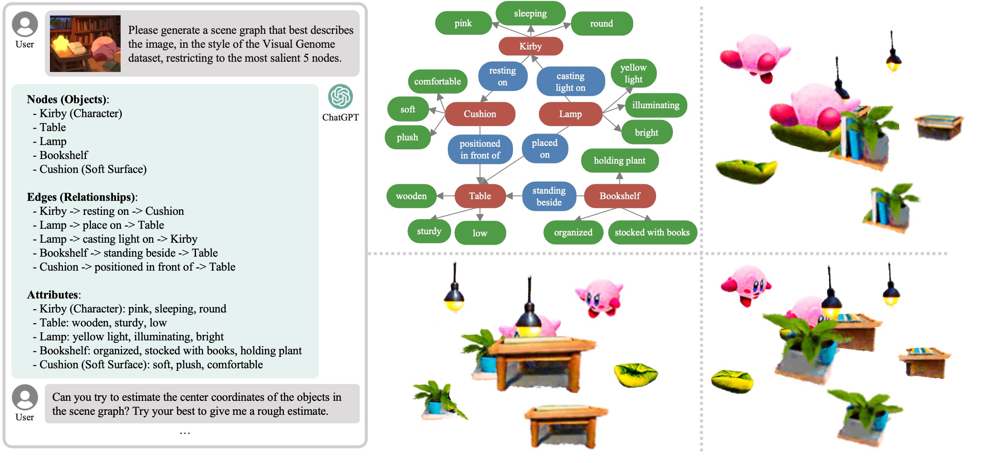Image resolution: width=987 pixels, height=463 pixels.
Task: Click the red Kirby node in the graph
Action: tap(530, 46)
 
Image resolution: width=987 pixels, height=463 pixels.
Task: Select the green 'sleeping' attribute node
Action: tap(530, 14)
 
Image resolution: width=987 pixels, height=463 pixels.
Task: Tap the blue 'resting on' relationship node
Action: tap(502, 76)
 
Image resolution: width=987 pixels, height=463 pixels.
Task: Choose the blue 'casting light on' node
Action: tap(570, 82)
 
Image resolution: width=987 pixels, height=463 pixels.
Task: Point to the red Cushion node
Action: tap(480, 114)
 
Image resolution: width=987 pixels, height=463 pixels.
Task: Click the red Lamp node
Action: tap(570, 114)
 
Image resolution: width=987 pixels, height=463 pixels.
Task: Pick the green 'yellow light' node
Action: tap(633, 73)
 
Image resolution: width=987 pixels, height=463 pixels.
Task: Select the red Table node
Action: tap(480, 196)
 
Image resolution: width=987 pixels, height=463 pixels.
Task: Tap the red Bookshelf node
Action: tap(620, 196)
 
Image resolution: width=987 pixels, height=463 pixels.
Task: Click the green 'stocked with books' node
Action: tap(652, 232)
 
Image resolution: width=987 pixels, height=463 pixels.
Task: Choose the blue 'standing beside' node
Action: tap(549, 196)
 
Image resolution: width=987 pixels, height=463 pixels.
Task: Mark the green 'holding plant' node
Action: tap(619, 160)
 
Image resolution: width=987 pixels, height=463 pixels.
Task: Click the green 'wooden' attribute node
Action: tap(411, 196)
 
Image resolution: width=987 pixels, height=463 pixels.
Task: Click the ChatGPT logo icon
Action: tap(340, 96)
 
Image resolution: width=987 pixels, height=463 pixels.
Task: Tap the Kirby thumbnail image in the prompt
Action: tap(85, 44)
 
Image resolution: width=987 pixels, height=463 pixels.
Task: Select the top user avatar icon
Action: tap(25, 24)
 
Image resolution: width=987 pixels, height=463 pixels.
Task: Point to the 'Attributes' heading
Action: tap(54, 295)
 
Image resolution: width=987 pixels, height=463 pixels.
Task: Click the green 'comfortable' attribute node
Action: tap(437, 81)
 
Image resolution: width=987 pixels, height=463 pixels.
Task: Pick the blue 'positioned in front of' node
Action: tap(480, 149)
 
